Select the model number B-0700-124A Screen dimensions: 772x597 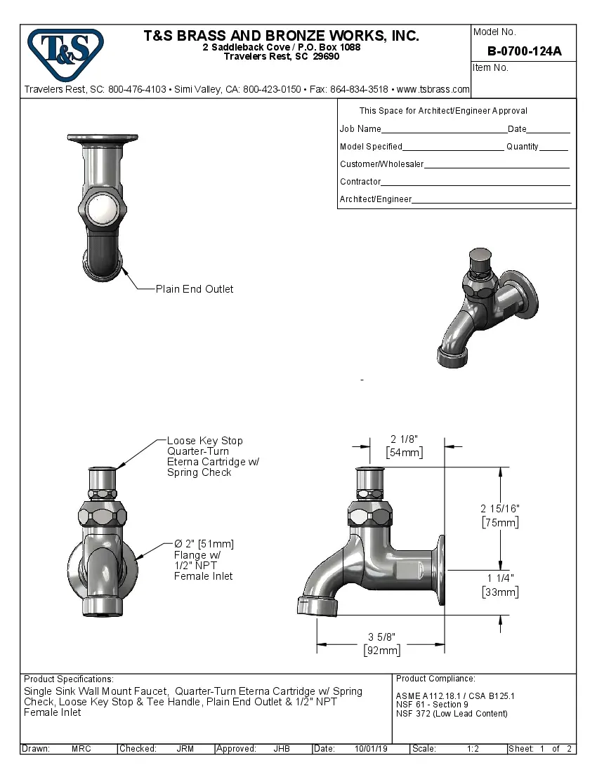click(524, 51)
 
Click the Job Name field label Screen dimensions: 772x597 click(360, 129)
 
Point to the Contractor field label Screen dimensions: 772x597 click(360, 182)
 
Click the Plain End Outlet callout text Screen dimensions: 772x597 click(195, 289)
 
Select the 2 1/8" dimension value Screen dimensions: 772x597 click(404, 439)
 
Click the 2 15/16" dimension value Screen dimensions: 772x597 click(500, 508)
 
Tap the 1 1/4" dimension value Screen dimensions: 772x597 click(500, 578)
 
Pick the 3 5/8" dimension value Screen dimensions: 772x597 click(381, 637)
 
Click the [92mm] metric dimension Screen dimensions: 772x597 click(381, 651)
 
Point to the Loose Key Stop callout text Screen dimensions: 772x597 click(205, 441)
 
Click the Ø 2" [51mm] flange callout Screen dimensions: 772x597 click(204, 544)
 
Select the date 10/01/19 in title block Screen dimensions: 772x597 click(372, 749)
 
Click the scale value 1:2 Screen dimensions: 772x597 click(473, 749)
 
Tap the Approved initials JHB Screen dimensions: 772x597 click(282, 749)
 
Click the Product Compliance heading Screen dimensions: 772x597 click(435, 679)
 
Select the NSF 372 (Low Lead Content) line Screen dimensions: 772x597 click(452, 714)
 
